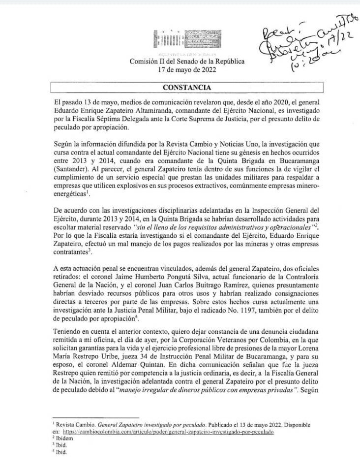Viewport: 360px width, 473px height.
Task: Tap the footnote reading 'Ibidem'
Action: tap(62, 438)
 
